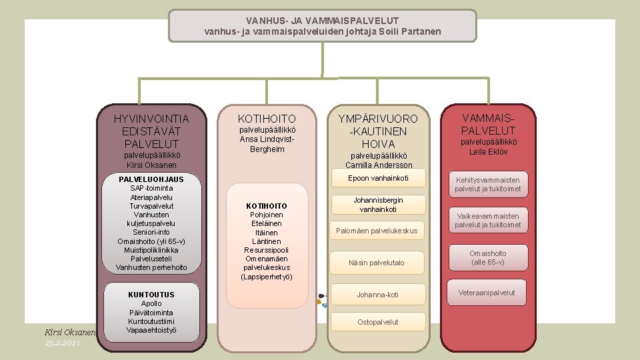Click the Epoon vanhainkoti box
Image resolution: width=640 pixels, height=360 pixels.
378,178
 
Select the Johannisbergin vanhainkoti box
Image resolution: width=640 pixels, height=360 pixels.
378,205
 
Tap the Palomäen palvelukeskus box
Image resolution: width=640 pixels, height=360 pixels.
377,231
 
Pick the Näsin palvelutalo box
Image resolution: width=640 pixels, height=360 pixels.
377,263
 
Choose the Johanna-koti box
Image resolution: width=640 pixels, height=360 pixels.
377,295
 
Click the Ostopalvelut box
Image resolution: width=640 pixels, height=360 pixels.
377,322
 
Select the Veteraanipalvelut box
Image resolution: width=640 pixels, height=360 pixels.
487,293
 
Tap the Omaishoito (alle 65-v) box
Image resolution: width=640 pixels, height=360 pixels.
487,257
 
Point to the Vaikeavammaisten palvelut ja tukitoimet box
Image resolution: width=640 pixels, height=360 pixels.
487,221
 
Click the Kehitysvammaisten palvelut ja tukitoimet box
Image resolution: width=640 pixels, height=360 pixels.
487,184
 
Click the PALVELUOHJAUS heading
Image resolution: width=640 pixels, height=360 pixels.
151,179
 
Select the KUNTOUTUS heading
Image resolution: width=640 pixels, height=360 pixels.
151,295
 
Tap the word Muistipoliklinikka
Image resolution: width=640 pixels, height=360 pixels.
151,250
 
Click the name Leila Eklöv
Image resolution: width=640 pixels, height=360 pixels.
489,151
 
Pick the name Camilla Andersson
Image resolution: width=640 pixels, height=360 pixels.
379,165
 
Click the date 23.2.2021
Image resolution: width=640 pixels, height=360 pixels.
63,343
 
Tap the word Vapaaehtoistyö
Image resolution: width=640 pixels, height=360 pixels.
151,330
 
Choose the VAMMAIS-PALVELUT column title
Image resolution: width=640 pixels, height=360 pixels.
489,124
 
